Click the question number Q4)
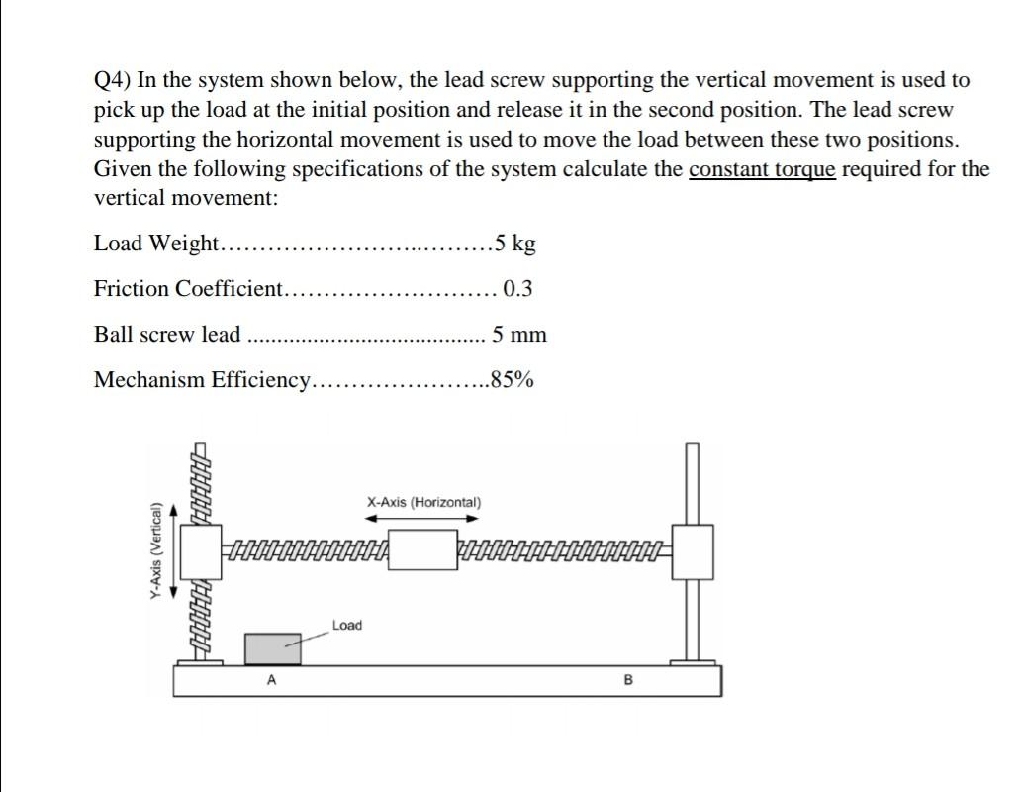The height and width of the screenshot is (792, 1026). tap(112, 81)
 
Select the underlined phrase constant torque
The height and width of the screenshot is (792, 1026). tap(762, 169)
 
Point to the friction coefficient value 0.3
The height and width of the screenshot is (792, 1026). tap(517, 289)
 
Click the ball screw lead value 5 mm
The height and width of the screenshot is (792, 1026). tap(519, 335)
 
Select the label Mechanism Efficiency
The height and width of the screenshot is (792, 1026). tap(202, 380)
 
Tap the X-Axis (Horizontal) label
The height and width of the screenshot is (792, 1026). tap(423, 502)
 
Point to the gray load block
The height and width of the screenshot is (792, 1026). tap(273, 648)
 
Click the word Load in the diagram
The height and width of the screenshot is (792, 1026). tap(346, 626)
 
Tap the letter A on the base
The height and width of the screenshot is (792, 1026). tap(270, 680)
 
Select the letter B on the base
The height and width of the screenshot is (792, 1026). tap(625, 680)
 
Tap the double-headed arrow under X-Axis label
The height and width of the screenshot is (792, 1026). tap(422, 517)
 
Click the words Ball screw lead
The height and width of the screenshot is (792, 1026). tap(167, 335)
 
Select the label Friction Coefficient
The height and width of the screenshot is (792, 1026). tap(188, 289)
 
